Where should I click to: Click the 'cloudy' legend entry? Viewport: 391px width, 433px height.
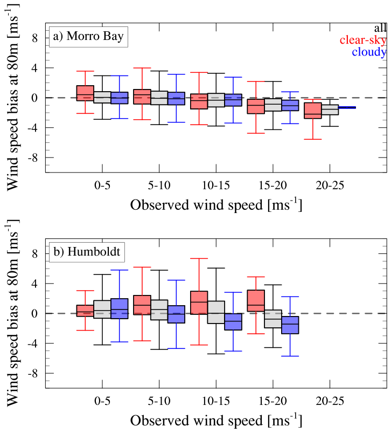pos(369,52)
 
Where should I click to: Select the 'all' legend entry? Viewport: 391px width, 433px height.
pos(380,28)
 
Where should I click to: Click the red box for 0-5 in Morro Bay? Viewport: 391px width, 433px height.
pos(86,93)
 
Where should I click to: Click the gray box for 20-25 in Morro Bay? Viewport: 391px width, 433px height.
pos(330,110)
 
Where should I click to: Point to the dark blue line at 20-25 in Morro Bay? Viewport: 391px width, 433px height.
pos(347,108)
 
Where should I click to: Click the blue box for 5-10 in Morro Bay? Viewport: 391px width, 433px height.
pos(177,98)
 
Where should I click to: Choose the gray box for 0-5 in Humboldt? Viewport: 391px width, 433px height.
pos(102,310)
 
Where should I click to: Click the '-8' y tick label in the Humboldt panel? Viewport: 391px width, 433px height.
pos(31,373)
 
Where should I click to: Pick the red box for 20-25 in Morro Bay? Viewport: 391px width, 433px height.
pos(313,110)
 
